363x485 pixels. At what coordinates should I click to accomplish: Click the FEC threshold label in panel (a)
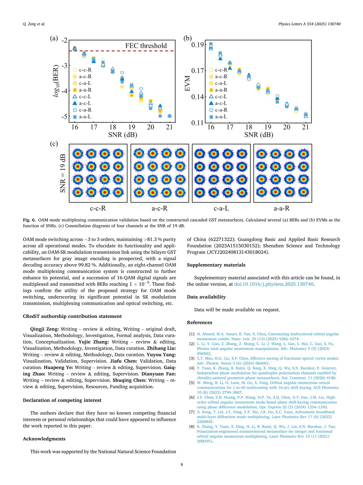(x=146, y=46)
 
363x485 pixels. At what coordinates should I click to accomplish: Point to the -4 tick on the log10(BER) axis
(x=64, y=91)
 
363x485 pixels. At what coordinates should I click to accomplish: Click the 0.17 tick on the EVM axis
(x=197, y=71)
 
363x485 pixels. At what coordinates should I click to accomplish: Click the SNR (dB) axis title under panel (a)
(x=122, y=135)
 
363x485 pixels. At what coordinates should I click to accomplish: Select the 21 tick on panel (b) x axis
(x=305, y=127)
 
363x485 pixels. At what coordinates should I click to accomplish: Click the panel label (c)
(x=54, y=144)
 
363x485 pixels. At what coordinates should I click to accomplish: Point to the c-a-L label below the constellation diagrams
(x=221, y=208)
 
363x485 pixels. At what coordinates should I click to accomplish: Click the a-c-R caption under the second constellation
(x=160, y=208)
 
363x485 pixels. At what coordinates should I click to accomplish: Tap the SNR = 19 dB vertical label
(x=63, y=173)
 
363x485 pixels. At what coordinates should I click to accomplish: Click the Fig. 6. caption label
(x=29, y=220)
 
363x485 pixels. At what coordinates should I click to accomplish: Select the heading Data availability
(x=206, y=297)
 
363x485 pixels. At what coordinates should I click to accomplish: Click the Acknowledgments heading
(x=44, y=439)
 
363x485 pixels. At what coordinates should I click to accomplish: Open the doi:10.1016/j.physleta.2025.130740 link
(x=274, y=284)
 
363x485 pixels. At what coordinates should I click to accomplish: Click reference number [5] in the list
(x=192, y=383)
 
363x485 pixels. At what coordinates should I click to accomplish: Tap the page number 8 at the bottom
(x=182, y=465)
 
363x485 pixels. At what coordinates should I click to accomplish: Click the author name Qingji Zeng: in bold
(x=44, y=329)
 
